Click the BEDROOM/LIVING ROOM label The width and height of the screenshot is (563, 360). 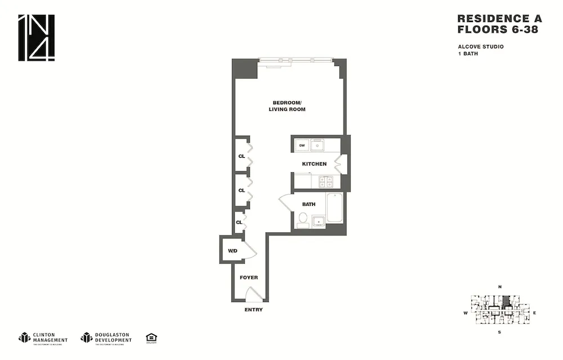(289, 106)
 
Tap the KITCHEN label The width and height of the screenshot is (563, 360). (314, 164)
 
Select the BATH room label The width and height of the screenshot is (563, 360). (309, 205)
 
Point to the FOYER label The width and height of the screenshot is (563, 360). (248, 278)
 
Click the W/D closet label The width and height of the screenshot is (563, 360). (232, 250)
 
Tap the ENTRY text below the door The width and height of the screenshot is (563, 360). (253, 310)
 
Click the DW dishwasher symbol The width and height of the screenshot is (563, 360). (302, 145)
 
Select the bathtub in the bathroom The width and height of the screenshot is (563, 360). (334, 208)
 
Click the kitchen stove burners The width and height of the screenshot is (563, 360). (325, 181)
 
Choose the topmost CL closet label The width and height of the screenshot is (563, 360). (242, 156)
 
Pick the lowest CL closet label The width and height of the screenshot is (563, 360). (239, 223)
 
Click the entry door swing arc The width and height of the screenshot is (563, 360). (254, 294)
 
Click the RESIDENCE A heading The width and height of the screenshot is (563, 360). (498, 19)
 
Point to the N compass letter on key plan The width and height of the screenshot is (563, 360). (500, 287)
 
